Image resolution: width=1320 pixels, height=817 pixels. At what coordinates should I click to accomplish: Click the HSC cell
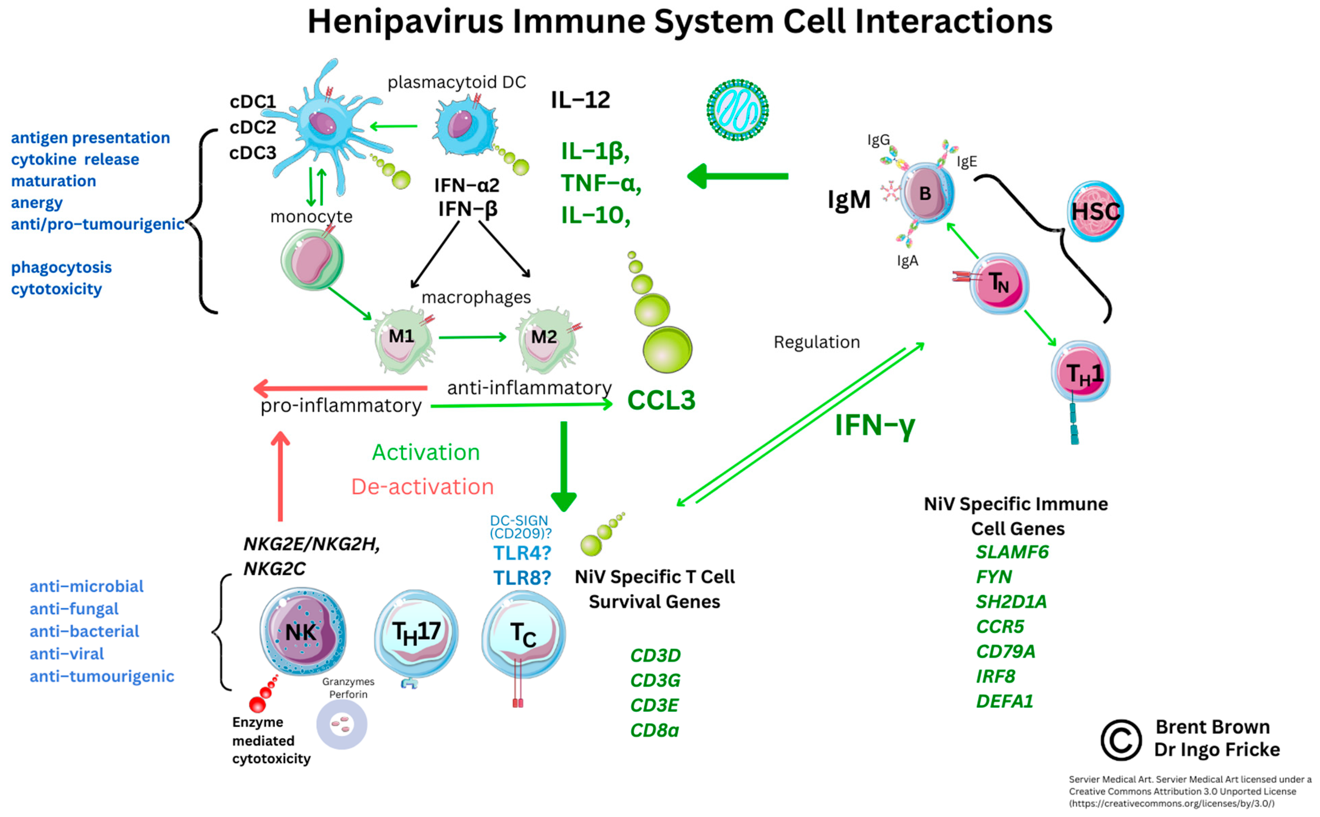point(1095,211)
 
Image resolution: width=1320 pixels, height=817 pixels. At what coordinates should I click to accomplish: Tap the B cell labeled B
point(926,193)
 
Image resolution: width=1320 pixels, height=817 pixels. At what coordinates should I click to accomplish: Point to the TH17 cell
point(416,633)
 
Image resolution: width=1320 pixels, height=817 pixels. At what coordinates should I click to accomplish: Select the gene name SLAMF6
point(1011,552)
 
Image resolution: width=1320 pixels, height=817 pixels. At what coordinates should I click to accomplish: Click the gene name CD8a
point(654,730)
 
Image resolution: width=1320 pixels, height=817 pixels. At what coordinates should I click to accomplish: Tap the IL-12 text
point(580,100)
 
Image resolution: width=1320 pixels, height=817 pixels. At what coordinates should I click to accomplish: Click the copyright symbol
point(1120,740)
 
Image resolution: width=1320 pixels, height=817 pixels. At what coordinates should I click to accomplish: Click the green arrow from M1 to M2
point(472,337)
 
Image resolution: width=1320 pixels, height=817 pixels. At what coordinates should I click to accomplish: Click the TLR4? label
point(522,553)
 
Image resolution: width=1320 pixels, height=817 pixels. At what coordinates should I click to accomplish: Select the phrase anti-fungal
point(74,609)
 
